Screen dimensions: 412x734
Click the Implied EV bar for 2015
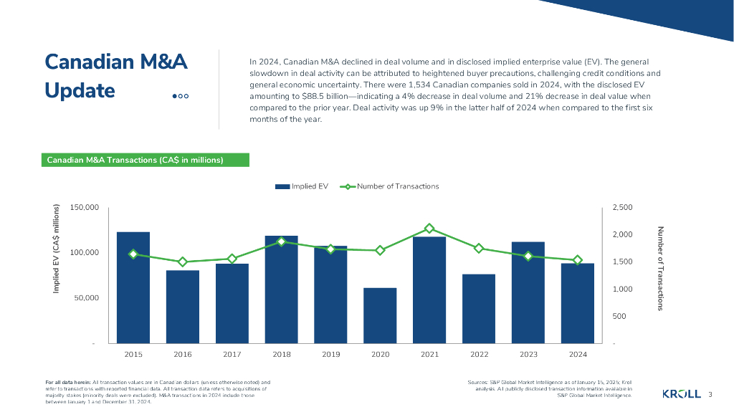(133, 287)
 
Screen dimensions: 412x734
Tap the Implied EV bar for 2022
(479, 308)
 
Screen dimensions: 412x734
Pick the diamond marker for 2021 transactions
(429, 229)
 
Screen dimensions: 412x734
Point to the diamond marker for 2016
(183, 262)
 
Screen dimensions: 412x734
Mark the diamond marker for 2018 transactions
(282, 242)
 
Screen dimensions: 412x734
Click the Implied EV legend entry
(302, 186)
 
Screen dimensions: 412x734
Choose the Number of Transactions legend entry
(391, 186)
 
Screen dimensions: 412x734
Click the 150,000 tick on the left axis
(85, 208)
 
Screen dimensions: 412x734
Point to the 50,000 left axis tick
(87, 298)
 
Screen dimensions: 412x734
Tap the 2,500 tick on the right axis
(622, 208)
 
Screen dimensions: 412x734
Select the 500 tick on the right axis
(619, 316)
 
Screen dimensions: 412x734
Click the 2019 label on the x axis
(330, 354)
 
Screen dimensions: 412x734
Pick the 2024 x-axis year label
(577, 354)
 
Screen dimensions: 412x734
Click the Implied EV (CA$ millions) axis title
(56, 249)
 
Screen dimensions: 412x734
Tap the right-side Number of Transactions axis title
(660, 268)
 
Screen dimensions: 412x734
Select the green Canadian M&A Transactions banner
(144, 160)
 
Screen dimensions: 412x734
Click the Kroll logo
(681, 394)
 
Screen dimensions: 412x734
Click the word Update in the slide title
(80, 91)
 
